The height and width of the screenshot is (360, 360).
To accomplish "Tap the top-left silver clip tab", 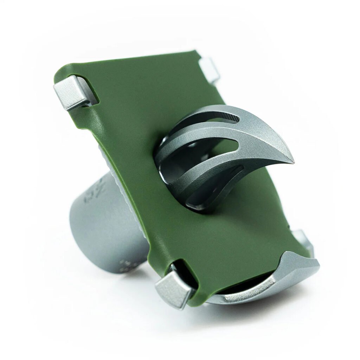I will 71,92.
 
